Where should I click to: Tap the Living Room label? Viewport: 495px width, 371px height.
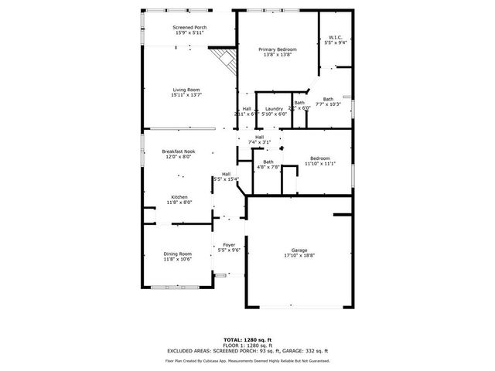coord(186,90)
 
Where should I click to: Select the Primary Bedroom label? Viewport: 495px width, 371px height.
coord(277,49)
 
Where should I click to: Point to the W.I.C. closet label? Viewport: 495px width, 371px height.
coord(336,38)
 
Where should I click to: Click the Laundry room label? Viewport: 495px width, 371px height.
coord(274,109)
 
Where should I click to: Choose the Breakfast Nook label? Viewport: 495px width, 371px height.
coord(176,151)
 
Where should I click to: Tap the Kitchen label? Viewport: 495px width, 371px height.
coord(179,197)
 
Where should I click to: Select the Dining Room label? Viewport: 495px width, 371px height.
coord(176,254)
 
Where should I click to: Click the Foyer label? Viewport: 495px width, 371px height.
coord(229,245)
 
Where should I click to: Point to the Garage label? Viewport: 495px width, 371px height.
coord(298,250)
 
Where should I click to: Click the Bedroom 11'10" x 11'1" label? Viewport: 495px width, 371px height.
coord(319,158)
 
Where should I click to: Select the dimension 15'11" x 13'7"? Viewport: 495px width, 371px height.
coord(186,94)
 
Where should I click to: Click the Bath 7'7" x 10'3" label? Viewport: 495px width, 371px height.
coord(328,99)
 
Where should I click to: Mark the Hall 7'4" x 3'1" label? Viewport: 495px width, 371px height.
coord(259,138)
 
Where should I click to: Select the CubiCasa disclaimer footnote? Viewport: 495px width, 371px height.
coord(247,361)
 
